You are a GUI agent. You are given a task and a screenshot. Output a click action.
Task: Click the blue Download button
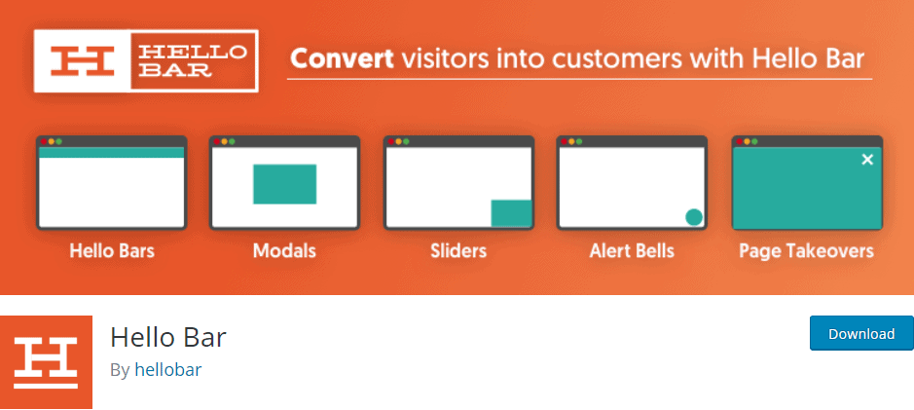coord(861,333)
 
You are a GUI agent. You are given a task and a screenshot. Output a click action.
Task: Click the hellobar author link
coord(167,370)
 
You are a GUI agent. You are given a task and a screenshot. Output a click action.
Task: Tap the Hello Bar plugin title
coord(167,337)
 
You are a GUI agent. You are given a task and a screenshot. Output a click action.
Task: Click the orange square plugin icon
coord(46,362)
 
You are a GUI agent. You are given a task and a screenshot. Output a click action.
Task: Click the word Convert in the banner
coord(343,59)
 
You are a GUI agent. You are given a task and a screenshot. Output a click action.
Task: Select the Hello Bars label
coord(112,251)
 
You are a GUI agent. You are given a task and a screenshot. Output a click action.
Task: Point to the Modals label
coord(284,251)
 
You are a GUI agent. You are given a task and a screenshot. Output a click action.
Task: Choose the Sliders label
coord(458,251)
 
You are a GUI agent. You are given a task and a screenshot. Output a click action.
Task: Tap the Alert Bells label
coord(632,251)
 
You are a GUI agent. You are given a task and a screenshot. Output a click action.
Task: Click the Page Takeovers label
coord(806,251)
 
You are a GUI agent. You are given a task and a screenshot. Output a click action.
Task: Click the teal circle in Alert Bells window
coord(694,217)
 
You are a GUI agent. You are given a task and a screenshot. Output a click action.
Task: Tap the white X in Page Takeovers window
coord(867,159)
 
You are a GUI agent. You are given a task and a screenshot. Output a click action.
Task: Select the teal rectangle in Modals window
coord(284,184)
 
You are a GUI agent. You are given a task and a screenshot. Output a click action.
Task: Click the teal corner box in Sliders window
coord(511,213)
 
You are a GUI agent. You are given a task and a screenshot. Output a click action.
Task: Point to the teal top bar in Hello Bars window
coord(111,152)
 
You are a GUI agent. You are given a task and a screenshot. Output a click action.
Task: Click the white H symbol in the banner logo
coord(82,60)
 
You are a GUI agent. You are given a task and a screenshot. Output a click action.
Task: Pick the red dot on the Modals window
coord(217,141)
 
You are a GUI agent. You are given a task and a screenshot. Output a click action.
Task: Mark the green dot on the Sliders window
coord(406,141)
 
